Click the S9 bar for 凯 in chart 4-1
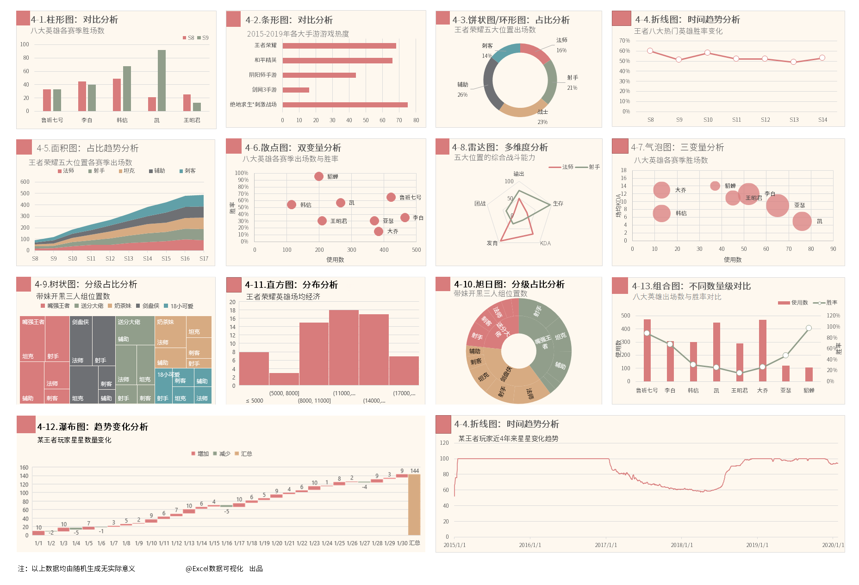(162, 81)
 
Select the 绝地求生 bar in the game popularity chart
(345, 105)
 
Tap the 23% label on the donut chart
(542, 122)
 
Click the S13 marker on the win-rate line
(793, 62)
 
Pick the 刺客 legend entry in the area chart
(187, 171)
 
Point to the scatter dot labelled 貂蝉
(318, 176)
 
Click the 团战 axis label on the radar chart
(480, 204)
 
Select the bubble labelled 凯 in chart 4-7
(802, 221)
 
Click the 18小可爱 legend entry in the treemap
(179, 306)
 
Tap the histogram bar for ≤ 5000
(254, 368)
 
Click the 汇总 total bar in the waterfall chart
(414, 504)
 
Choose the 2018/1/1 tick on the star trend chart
(682, 545)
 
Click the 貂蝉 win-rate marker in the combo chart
(809, 328)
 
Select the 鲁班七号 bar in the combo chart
(647, 350)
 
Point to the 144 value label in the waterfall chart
(414, 471)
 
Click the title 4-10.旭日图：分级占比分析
(509, 284)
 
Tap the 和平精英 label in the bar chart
(265, 60)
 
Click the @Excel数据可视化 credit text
(214, 569)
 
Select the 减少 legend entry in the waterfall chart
(222, 454)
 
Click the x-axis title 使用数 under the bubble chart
(733, 260)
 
